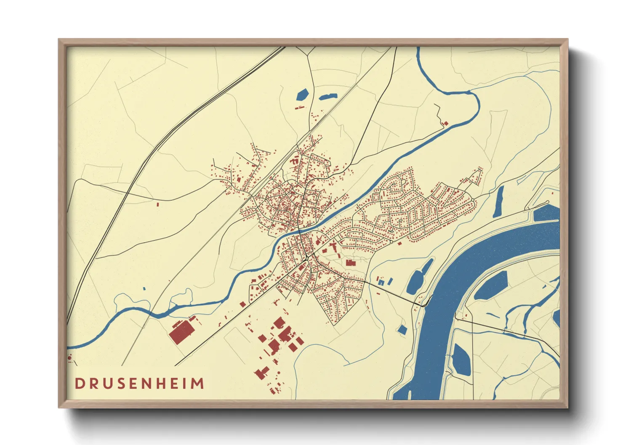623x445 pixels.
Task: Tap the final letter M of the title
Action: (197, 384)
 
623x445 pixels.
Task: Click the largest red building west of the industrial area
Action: (182, 332)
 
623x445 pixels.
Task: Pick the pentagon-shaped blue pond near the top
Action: (302, 94)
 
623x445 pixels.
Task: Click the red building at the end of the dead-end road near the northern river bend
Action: (446, 123)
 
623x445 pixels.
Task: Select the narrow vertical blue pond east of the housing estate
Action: (500, 201)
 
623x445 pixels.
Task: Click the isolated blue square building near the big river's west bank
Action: (402, 330)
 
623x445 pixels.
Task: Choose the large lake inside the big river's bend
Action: (491, 286)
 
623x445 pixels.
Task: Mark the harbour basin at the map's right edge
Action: (546, 214)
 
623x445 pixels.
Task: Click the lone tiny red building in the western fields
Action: (158, 204)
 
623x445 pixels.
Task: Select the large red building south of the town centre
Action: (350, 263)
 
